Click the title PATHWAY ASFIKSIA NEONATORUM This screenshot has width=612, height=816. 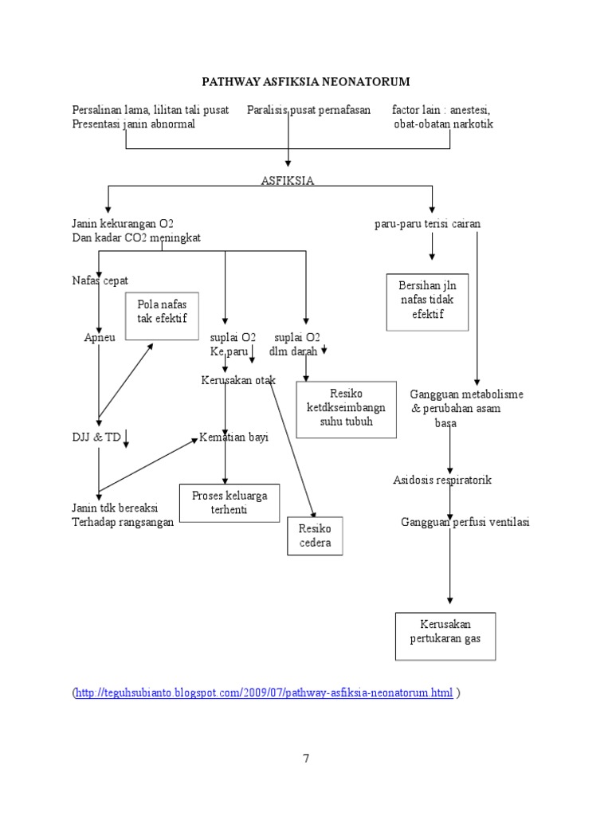click(x=305, y=82)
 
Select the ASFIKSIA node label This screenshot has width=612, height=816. click(x=287, y=181)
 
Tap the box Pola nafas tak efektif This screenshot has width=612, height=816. click(x=161, y=312)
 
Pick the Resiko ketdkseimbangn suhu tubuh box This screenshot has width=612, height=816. click(x=346, y=408)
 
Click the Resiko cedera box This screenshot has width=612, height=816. click(x=315, y=535)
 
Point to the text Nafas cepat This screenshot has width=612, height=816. click(x=100, y=280)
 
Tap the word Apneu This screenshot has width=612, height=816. click(x=100, y=337)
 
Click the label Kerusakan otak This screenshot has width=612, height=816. click(x=237, y=380)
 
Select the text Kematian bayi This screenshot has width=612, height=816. click(x=233, y=437)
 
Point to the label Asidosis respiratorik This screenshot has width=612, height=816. click(x=442, y=480)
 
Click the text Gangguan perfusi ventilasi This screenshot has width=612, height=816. click(x=465, y=522)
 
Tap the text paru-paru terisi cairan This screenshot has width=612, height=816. click(x=427, y=224)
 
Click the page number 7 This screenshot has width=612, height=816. click(x=305, y=758)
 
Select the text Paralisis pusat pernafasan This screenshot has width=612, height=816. click(x=308, y=110)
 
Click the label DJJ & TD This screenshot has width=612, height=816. click(x=96, y=437)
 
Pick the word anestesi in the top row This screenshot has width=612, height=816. click(x=471, y=110)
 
